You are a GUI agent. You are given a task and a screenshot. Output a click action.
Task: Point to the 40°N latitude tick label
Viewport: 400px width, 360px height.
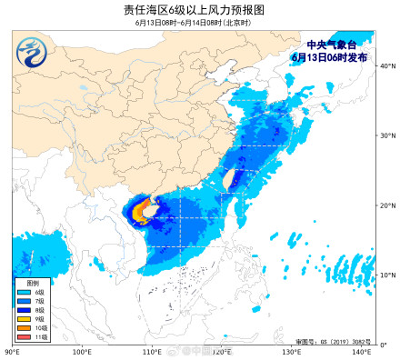(386, 65)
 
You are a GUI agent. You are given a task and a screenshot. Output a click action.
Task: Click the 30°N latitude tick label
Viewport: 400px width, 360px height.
(386, 135)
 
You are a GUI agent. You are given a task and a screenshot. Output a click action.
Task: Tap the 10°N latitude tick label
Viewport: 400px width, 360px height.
(386, 275)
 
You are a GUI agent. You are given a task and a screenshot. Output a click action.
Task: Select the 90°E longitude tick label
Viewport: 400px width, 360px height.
(13, 351)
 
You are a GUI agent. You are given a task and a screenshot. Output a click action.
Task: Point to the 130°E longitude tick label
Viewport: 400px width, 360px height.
(291, 351)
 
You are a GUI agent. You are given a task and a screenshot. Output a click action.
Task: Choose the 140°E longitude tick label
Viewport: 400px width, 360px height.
(361, 351)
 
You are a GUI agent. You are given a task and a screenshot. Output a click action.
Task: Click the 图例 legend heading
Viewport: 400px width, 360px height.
(20, 282)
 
